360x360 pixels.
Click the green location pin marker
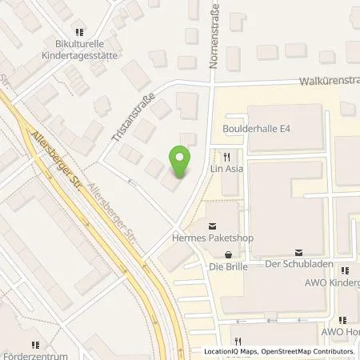[x=181, y=162]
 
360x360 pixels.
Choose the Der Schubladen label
[x=298, y=266]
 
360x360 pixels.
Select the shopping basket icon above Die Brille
[x=230, y=253]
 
